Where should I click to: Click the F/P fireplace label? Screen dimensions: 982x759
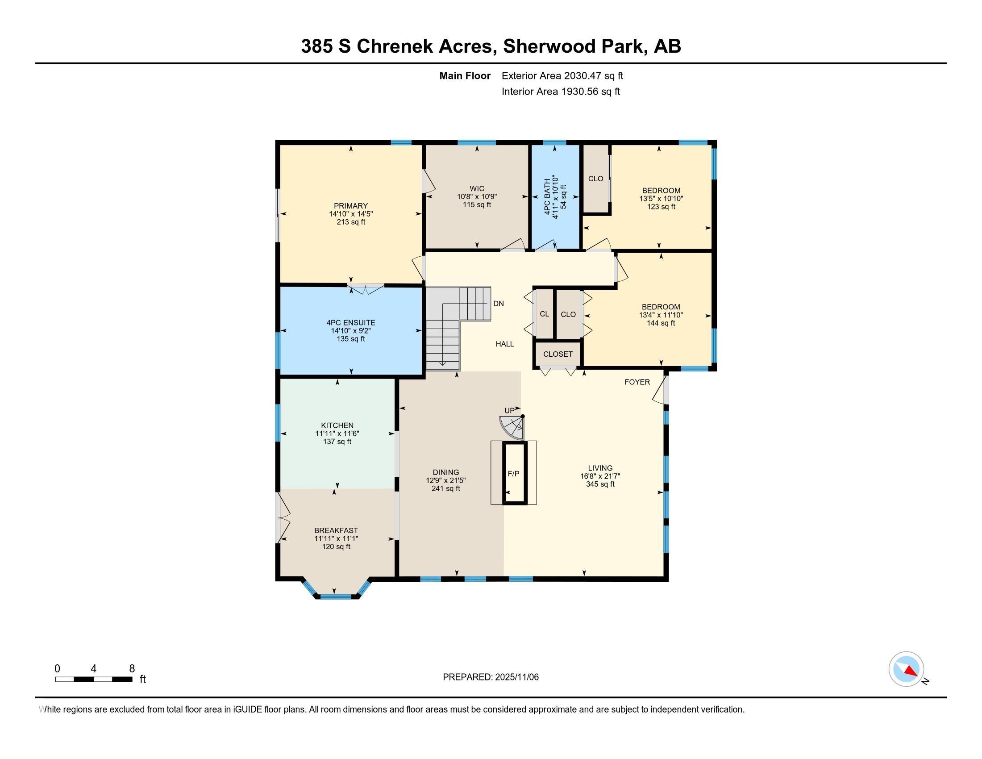[513, 473]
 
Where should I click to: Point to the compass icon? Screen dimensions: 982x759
[906, 669]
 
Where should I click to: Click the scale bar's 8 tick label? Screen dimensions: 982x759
[132, 669]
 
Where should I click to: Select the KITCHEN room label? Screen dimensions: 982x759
[337, 425]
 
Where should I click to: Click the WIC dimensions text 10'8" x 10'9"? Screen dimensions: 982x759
[477, 196]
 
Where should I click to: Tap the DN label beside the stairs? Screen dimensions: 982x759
[499, 304]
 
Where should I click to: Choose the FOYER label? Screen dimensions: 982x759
[637, 382]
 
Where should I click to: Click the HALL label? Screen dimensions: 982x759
[505, 344]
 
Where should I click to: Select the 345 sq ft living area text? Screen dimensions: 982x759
[600, 484]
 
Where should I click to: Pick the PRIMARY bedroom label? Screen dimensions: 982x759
[351, 206]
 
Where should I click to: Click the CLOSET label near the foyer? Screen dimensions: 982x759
[558, 354]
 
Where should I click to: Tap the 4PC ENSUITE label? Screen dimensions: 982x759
[351, 323]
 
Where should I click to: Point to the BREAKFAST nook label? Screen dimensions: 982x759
[336, 530]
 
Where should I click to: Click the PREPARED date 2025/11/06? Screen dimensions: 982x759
[516, 677]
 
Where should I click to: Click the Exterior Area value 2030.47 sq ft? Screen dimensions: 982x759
[593, 75]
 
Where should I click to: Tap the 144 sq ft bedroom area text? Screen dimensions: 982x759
[661, 323]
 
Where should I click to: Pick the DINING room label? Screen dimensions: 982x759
[446, 472]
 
